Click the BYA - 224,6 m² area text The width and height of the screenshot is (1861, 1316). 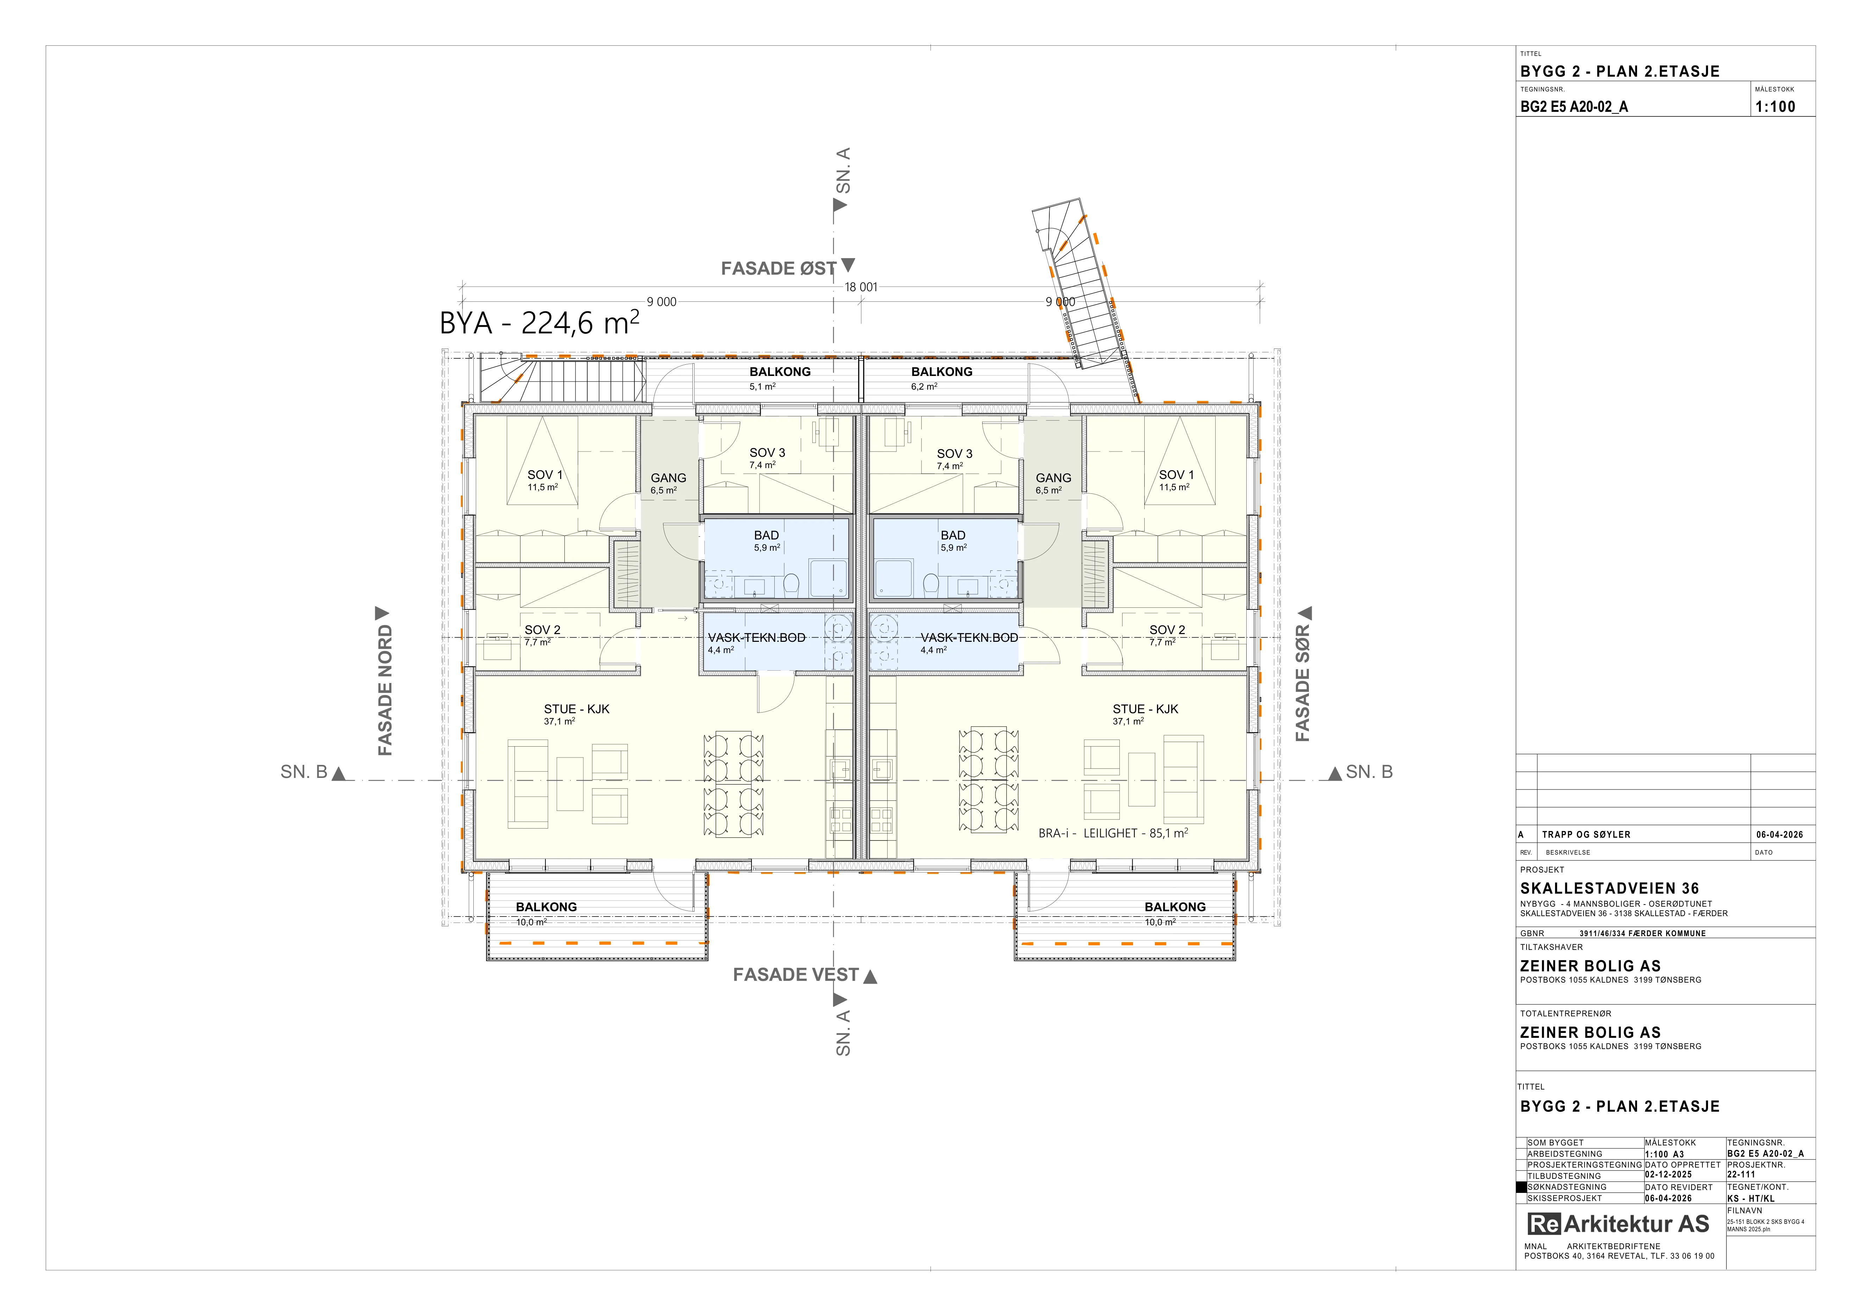point(539,322)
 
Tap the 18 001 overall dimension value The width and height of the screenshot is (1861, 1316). point(861,287)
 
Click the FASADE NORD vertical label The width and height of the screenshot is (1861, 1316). point(385,690)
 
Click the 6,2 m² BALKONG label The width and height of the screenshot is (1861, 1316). point(942,378)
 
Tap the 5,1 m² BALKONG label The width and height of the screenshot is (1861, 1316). point(780,378)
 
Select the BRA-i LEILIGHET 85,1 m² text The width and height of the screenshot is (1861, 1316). point(1113,832)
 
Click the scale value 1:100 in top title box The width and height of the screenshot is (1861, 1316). point(1775,106)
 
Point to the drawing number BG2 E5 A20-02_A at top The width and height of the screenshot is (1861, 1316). point(1573,106)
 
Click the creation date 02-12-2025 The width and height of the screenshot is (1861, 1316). point(1668,1174)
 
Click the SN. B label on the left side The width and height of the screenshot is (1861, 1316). point(304,772)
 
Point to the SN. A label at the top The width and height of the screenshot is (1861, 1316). point(843,171)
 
